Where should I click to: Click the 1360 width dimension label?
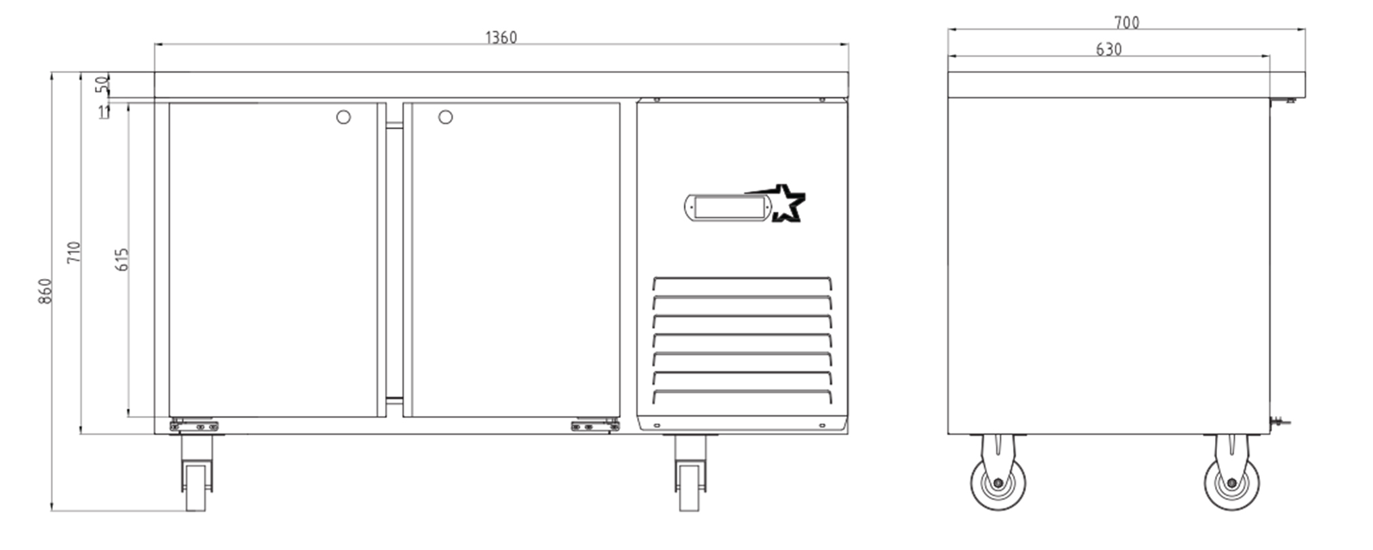tap(501, 37)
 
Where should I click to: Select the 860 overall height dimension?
tap(45, 291)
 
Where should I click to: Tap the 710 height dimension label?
tap(74, 252)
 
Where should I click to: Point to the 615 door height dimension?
tap(122, 259)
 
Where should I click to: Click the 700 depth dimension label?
tap(1127, 23)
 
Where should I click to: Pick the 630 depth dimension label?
tap(1109, 49)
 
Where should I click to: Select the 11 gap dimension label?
tap(104, 112)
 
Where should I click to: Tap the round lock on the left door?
tap(344, 117)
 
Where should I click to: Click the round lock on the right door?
tap(445, 117)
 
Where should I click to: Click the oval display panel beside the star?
tap(727, 207)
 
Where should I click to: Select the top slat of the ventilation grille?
tap(742, 282)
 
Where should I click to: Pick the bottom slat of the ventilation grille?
tap(742, 396)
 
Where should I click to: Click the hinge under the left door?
tap(194, 425)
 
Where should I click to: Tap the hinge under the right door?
tap(596, 425)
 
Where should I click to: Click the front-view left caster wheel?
tap(197, 473)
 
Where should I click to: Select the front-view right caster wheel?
tap(690, 473)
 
